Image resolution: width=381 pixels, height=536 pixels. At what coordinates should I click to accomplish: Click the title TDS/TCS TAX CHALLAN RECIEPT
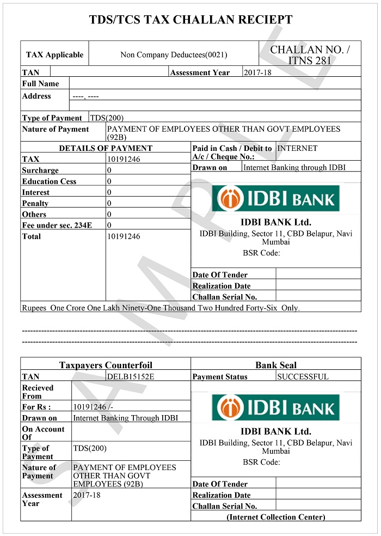(x=190, y=21)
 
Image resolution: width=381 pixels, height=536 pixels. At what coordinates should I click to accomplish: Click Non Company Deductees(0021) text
(x=174, y=54)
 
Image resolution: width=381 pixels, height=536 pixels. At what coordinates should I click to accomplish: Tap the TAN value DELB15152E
(x=131, y=376)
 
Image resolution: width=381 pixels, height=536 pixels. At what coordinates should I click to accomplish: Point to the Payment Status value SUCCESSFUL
(x=303, y=376)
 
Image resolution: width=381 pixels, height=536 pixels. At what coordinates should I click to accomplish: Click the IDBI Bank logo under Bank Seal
(x=275, y=407)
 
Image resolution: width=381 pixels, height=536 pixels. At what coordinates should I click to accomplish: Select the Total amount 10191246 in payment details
(x=124, y=236)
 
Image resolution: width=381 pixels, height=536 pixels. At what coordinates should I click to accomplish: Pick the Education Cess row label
(x=49, y=181)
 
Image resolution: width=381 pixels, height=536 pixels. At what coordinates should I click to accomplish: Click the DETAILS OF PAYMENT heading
(x=106, y=148)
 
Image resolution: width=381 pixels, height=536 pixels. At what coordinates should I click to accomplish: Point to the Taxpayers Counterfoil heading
(x=106, y=365)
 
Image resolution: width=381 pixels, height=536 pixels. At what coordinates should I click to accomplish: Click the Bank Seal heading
(x=276, y=365)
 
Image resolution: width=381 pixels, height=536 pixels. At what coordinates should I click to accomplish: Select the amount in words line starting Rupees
(x=161, y=308)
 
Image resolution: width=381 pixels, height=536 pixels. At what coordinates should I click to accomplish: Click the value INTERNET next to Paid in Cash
(x=297, y=148)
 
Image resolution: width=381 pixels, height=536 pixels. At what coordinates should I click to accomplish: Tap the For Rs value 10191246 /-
(x=93, y=407)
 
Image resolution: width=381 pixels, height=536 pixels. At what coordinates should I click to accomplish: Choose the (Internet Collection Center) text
(x=276, y=517)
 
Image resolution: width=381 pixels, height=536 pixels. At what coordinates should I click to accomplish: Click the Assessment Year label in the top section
(x=200, y=72)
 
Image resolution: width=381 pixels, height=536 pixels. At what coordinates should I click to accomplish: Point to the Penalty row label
(x=35, y=203)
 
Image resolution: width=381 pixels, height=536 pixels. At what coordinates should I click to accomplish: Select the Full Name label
(x=40, y=84)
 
